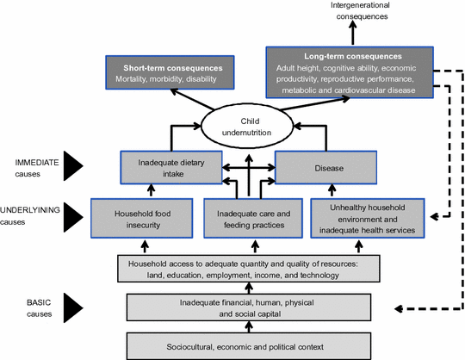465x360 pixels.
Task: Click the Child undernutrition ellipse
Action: tap(247, 127)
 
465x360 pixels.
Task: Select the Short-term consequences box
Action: tap(170, 72)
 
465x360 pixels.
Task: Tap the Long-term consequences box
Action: tap(350, 72)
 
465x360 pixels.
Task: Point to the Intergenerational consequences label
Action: tap(360, 10)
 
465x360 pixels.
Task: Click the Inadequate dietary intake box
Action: tap(171, 168)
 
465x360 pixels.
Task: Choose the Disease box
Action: tap(325, 168)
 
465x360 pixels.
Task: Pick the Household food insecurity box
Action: tap(142, 218)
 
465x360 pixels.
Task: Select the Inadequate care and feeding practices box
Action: tap(253, 218)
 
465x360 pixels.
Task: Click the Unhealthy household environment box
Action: tap(368, 218)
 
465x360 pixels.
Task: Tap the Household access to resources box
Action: tap(249, 269)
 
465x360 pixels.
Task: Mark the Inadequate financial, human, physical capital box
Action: tap(249, 307)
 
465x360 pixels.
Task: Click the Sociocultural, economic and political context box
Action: tap(249, 346)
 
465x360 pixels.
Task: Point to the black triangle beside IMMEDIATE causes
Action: tap(72, 165)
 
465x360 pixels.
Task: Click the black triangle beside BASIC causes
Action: tap(72, 307)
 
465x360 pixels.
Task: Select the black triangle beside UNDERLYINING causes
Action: tap(72, 217)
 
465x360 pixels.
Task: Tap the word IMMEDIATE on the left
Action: tap(37, 163)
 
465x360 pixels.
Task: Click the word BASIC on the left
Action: tap(39, 302)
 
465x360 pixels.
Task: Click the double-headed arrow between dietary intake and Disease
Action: tap(249, 168)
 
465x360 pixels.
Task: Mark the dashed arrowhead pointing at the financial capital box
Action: tap(399, 308)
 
